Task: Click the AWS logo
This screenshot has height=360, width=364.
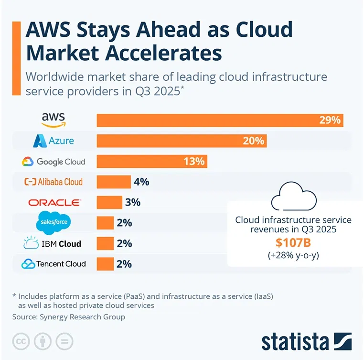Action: pos(53,120)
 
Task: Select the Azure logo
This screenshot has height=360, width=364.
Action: pos(54,141)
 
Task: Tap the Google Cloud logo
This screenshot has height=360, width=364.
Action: pos(54,162)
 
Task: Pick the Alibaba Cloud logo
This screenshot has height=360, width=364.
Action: pos(54,182)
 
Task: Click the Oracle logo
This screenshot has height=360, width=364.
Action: pos(54,202)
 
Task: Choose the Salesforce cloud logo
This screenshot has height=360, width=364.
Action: pos(54,222)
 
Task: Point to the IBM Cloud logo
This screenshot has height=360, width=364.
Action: pos(53,243)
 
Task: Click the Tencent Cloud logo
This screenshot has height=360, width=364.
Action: pos(54,263)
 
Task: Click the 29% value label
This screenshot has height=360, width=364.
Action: pos(330,120)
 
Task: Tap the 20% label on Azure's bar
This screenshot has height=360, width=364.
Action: pos(253,141)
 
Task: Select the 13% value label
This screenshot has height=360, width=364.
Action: pos(193,162)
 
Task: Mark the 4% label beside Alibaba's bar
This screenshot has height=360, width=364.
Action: pos(141,182)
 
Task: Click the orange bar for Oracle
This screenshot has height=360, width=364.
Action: pos(109,202)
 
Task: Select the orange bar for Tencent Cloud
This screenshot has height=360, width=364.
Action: pos(105,263)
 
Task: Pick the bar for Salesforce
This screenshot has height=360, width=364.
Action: pos(105,223)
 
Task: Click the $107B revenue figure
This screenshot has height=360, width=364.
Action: pos(293,242)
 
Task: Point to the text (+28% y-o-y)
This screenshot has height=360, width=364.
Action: pos(293,255)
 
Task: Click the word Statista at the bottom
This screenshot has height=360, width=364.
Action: pos(295,341)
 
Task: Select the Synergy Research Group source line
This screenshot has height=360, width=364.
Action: pos(68,317)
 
